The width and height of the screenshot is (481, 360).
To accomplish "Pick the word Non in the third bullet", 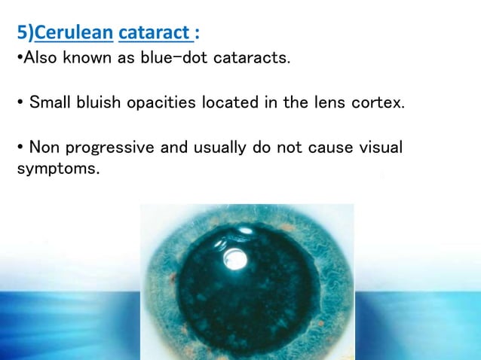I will click(x=44, y=147).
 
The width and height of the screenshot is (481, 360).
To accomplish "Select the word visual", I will click(x=377, y=147).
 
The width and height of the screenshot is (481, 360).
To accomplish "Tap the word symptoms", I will click(x=57, y=169).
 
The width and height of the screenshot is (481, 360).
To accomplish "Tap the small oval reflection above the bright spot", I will click(x=245, y=230).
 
